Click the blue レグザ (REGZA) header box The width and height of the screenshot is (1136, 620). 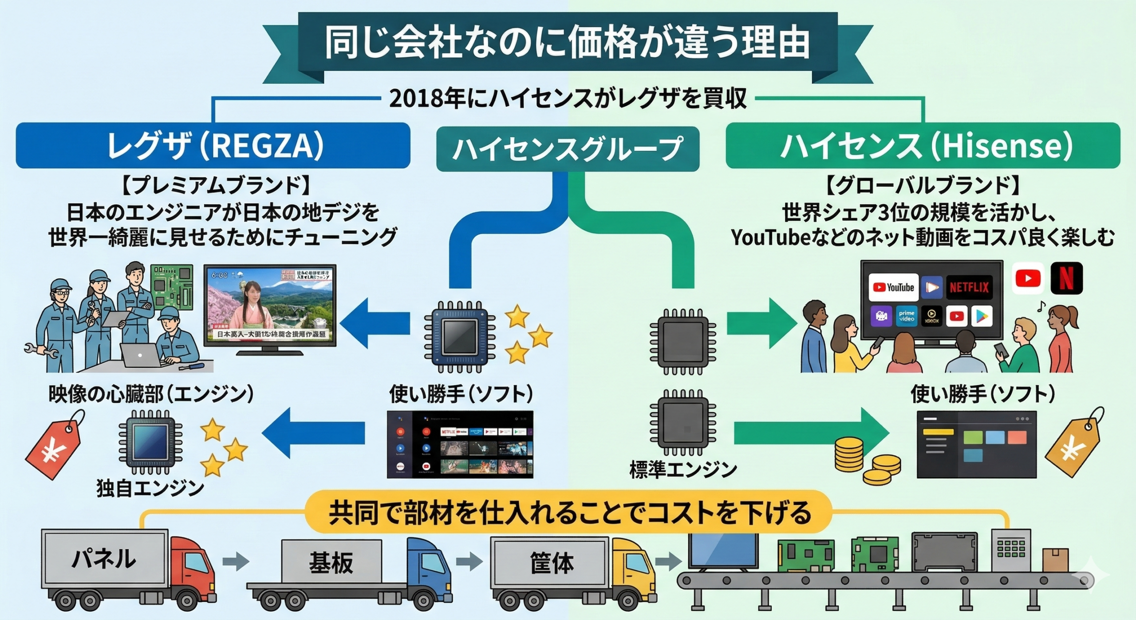tap(213, 146)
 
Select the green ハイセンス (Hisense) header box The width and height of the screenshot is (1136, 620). tap(923, 146)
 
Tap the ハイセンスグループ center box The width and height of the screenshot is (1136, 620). tap(568, 149)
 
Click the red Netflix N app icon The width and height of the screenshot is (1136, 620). tap(1066, 278)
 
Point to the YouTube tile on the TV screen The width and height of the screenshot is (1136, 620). tap(893, 287)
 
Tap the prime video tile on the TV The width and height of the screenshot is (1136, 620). tap(906, 316)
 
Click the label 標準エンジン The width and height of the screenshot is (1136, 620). tap(683, 470)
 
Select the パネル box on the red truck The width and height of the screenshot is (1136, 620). tap(104, 559)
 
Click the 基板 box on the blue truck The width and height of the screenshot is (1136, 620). tap(331, 563)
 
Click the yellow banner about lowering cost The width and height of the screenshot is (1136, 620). tap(568, 512)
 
